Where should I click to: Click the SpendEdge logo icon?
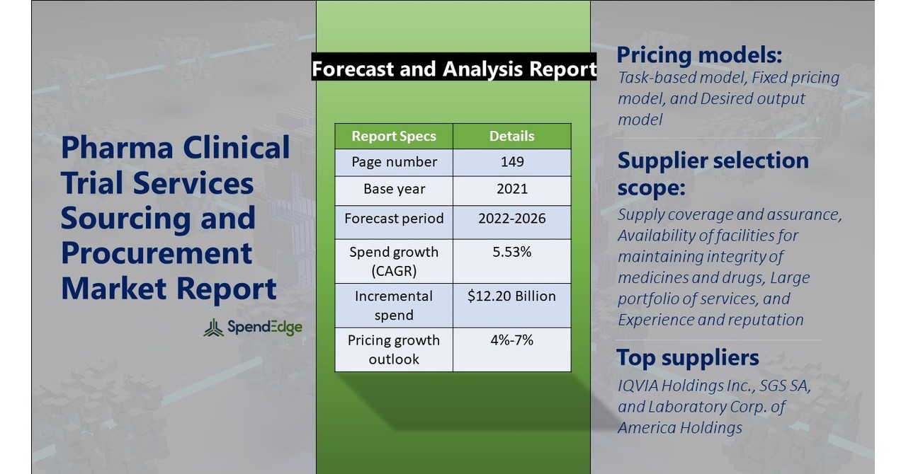coord(213,327)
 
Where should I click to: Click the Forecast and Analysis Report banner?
coord(454,69)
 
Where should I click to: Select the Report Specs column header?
coord(394,136)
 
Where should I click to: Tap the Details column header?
coord(511,136)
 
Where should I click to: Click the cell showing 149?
coord(511,162)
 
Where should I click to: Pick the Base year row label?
coord(394,190)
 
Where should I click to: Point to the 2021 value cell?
coord(511,190)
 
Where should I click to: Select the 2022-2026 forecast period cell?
coord(511,218)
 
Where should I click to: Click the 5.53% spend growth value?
coord(511,252)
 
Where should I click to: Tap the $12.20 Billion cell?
coord(511,296)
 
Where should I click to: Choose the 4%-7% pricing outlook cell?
coord(511,340)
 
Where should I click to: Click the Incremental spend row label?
coord(394,305)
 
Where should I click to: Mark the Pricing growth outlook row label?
coord(394,349)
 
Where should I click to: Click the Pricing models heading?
coord(699,55)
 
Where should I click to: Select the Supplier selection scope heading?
coord(713,173)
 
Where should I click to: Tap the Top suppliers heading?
coord(687,357)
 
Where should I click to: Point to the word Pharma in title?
coord(117,148)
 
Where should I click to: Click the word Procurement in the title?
coord(157,253)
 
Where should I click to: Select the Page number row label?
coord(394,162)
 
